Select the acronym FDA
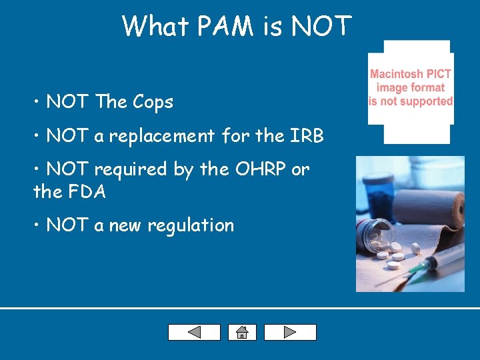click(86, 192)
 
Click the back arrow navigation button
click(194, 332)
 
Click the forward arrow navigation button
click(290, 332)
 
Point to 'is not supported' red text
click(411, 101)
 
